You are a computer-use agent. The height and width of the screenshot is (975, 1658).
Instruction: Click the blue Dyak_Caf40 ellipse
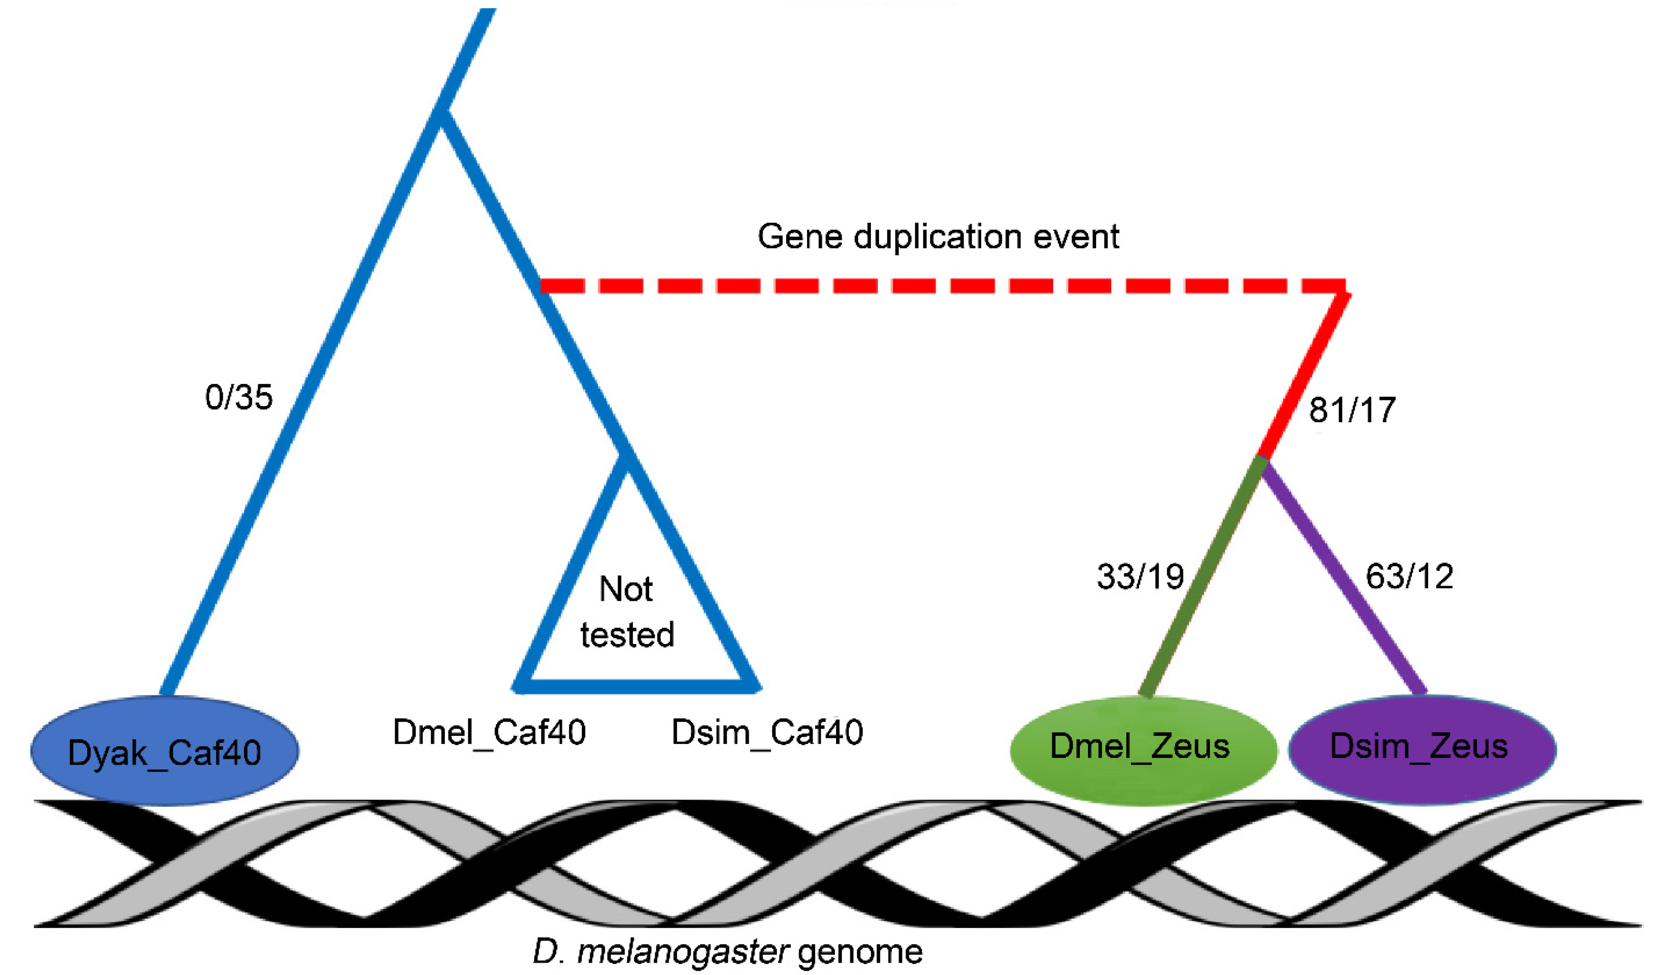pyautogui.click(x=164, y=751)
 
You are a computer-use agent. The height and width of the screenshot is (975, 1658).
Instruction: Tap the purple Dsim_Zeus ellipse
pyautogui.click(x=1421, y=749)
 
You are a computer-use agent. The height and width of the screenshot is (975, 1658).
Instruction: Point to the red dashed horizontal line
pyautogui.click(x=941, y=286)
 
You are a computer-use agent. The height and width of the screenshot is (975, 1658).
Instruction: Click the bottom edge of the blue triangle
pyautogui.click(x=637, y=687)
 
